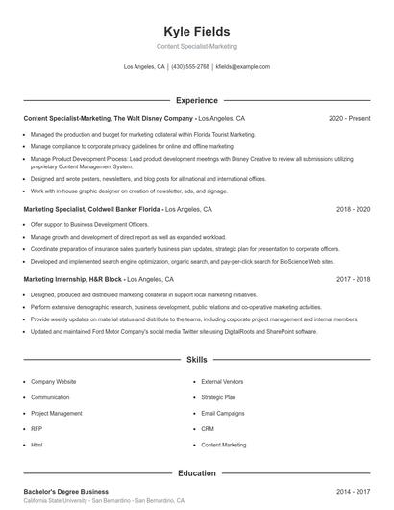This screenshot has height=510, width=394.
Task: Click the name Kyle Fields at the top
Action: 196,31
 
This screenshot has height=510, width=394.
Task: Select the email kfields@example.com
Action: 243,67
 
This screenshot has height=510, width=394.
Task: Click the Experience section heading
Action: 196,100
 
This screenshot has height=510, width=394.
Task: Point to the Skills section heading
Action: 196,360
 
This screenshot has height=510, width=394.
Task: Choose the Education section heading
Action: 196,473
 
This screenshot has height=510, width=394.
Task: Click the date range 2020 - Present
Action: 349,119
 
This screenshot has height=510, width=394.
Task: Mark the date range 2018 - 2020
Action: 353,209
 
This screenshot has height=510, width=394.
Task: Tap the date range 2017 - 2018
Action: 353,279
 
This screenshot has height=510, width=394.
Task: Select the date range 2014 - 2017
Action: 353,492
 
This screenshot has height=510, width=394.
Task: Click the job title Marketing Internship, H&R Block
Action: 73,279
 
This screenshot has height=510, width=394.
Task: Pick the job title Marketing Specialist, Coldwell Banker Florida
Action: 91,209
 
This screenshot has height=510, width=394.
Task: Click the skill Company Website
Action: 54,382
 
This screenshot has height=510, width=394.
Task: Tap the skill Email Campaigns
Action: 223,414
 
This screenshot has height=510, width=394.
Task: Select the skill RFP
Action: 37,429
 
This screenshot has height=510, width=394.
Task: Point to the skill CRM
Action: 208,429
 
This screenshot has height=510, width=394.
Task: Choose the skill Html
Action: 37,446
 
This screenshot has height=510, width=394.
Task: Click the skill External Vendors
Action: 224,382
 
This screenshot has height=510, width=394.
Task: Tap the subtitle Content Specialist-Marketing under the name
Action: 196,46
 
